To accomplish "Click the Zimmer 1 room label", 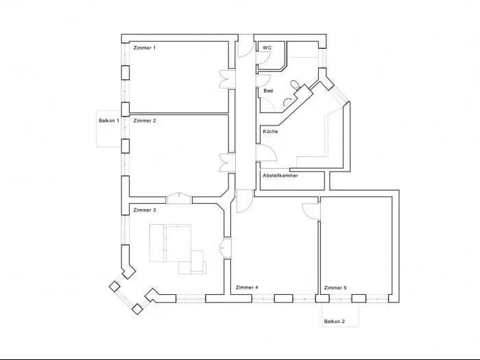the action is pos(145,48).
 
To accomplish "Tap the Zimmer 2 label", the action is pos(145,121).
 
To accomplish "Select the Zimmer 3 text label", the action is pos(145,210).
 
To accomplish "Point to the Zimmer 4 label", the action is pos(247,287).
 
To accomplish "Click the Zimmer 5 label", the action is pos(335,288).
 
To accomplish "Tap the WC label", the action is pos(267,48).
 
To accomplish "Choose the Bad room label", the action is pos(268,91).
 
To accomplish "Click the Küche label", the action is pos(270,132).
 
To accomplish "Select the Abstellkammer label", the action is pos(280,176).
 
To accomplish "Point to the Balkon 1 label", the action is pos(109,121).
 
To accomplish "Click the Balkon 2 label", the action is pos(335,322).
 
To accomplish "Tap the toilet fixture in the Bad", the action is pos(295,84).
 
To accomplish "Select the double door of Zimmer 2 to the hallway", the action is pos(227,163).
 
